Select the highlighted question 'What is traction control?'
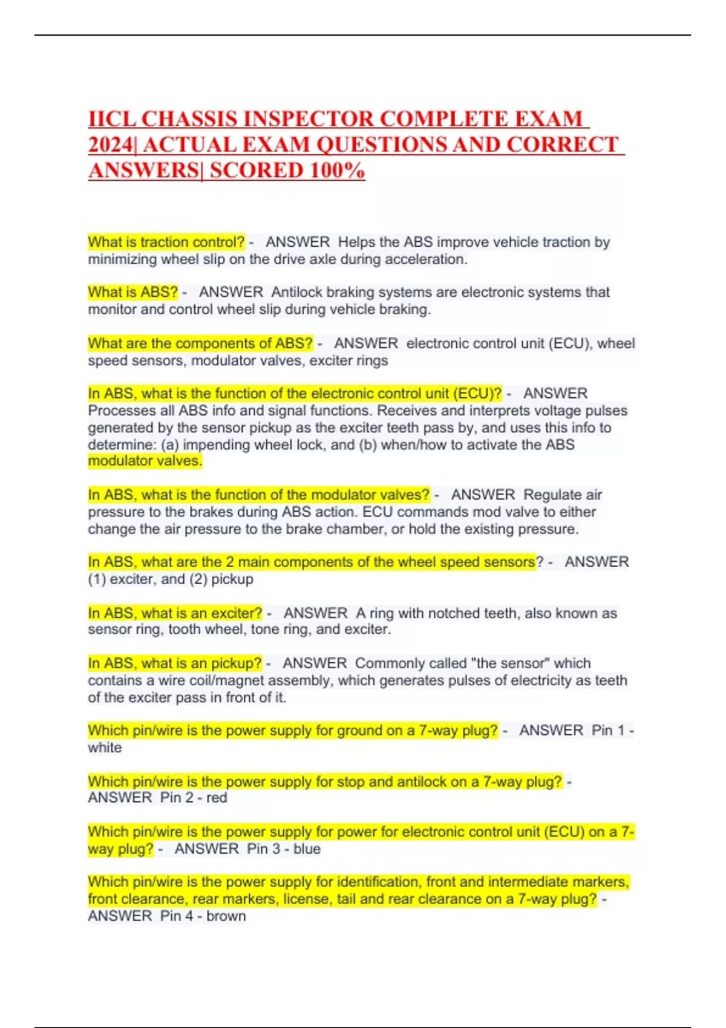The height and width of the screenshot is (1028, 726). pos(166,242)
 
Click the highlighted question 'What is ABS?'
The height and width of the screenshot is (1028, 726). pos(132,293)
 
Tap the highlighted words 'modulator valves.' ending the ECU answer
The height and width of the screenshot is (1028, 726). pos(145,461)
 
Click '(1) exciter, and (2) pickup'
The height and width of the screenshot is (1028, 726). pos(171,579)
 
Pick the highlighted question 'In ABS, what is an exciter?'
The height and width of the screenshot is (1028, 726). pos(175,613)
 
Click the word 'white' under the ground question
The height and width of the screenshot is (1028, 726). pos(105,748)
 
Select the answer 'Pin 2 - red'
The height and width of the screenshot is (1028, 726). pos(194,798)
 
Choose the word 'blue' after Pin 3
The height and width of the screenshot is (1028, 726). pos(307,849)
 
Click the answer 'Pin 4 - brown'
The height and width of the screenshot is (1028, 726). pos(203,916)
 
